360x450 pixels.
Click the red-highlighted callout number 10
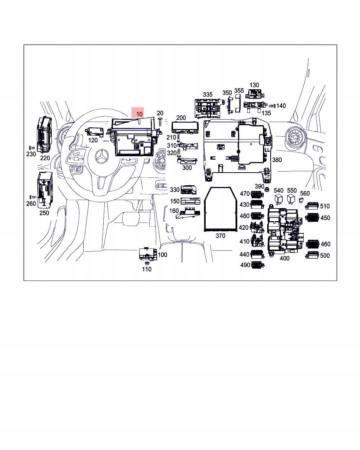tap(139, 114)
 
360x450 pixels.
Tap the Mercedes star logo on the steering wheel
tap(102, 156)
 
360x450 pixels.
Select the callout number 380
tap(277, 160)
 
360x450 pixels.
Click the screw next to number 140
tap(272, 106)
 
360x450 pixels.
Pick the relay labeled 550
tap(291, 199)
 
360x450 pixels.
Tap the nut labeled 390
tap(266, 190)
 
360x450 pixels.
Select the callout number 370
tap(220, 236)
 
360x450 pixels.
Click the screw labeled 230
tap(32, 148)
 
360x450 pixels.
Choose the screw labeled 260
tap(33, 197)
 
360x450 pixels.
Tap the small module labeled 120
tap(95, 132)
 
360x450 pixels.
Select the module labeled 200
tap(185, 127)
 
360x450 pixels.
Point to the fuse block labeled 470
tap(257, 194)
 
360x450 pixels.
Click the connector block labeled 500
tap(312, 255)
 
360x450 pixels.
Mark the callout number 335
tap(208, 95)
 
